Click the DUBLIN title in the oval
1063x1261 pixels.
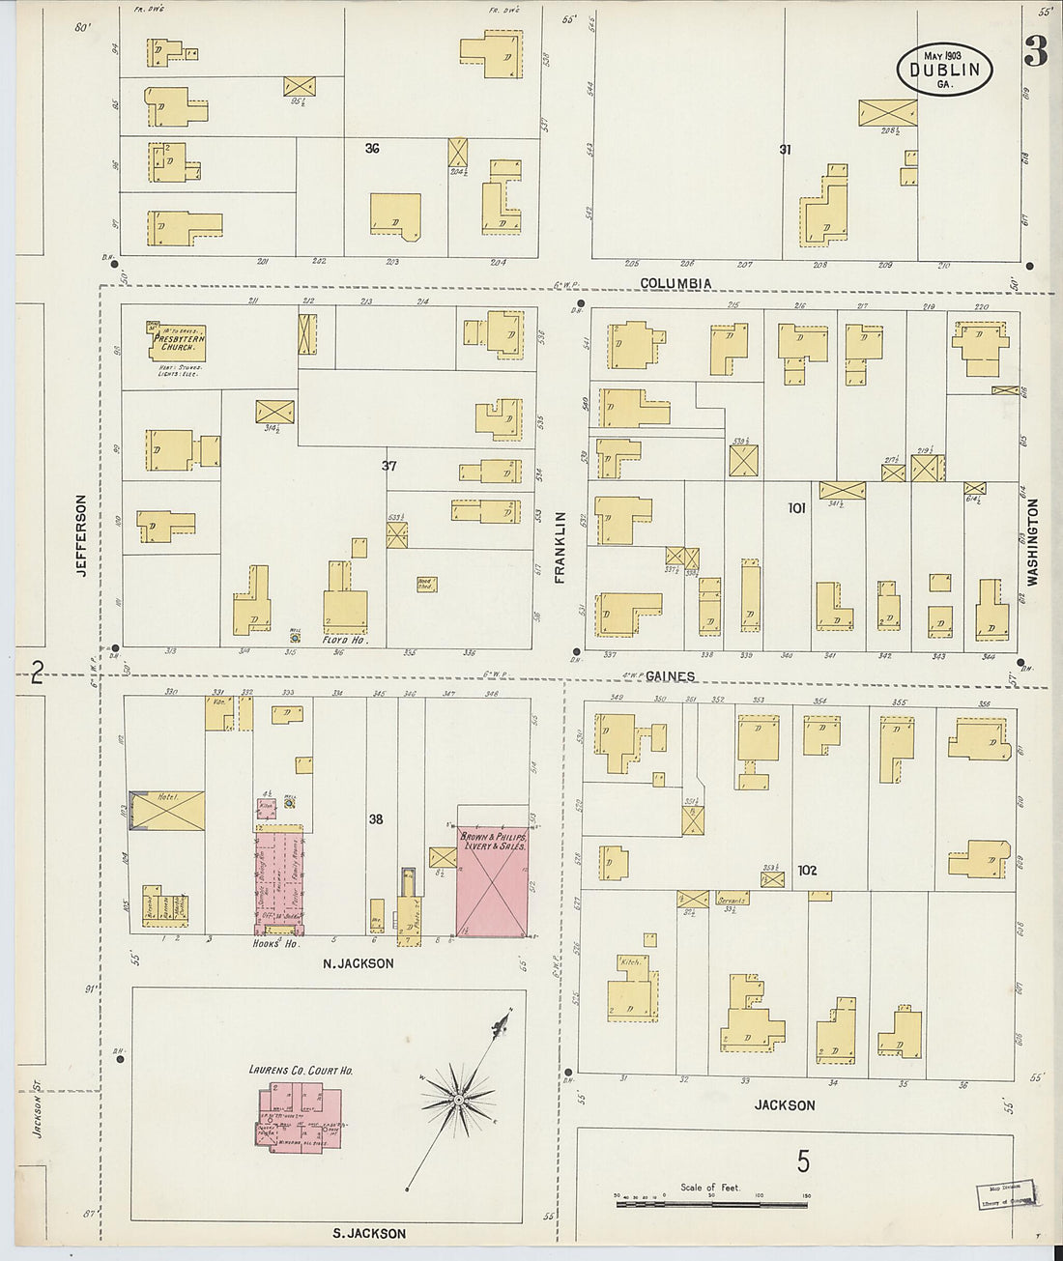pyautogui.click(x=944, y=70)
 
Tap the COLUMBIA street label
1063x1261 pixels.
pyautogui.click(x=676, y=284)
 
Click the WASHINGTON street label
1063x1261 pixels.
pyautogui.click(x=1032, y=542)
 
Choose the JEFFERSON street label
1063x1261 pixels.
pyautogui.click(x=82, y=536)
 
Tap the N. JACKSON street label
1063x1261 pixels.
pyautogui.click(x=357, y=963)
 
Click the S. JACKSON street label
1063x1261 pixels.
pyautogui.click(x=368, y=1234)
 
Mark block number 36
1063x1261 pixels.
pyautogui.click(x=372, y=149)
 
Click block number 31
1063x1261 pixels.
pyautogui.click(x=786, y=150)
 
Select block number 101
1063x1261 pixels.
pyautogui.click(x=796, y=507)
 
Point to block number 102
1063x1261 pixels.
pyautogui.click(x=808, y=871)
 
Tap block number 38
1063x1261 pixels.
pyautogui.click(x=376, y=819)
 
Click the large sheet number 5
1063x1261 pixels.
pyautogui.click(x=803, y=1161)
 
